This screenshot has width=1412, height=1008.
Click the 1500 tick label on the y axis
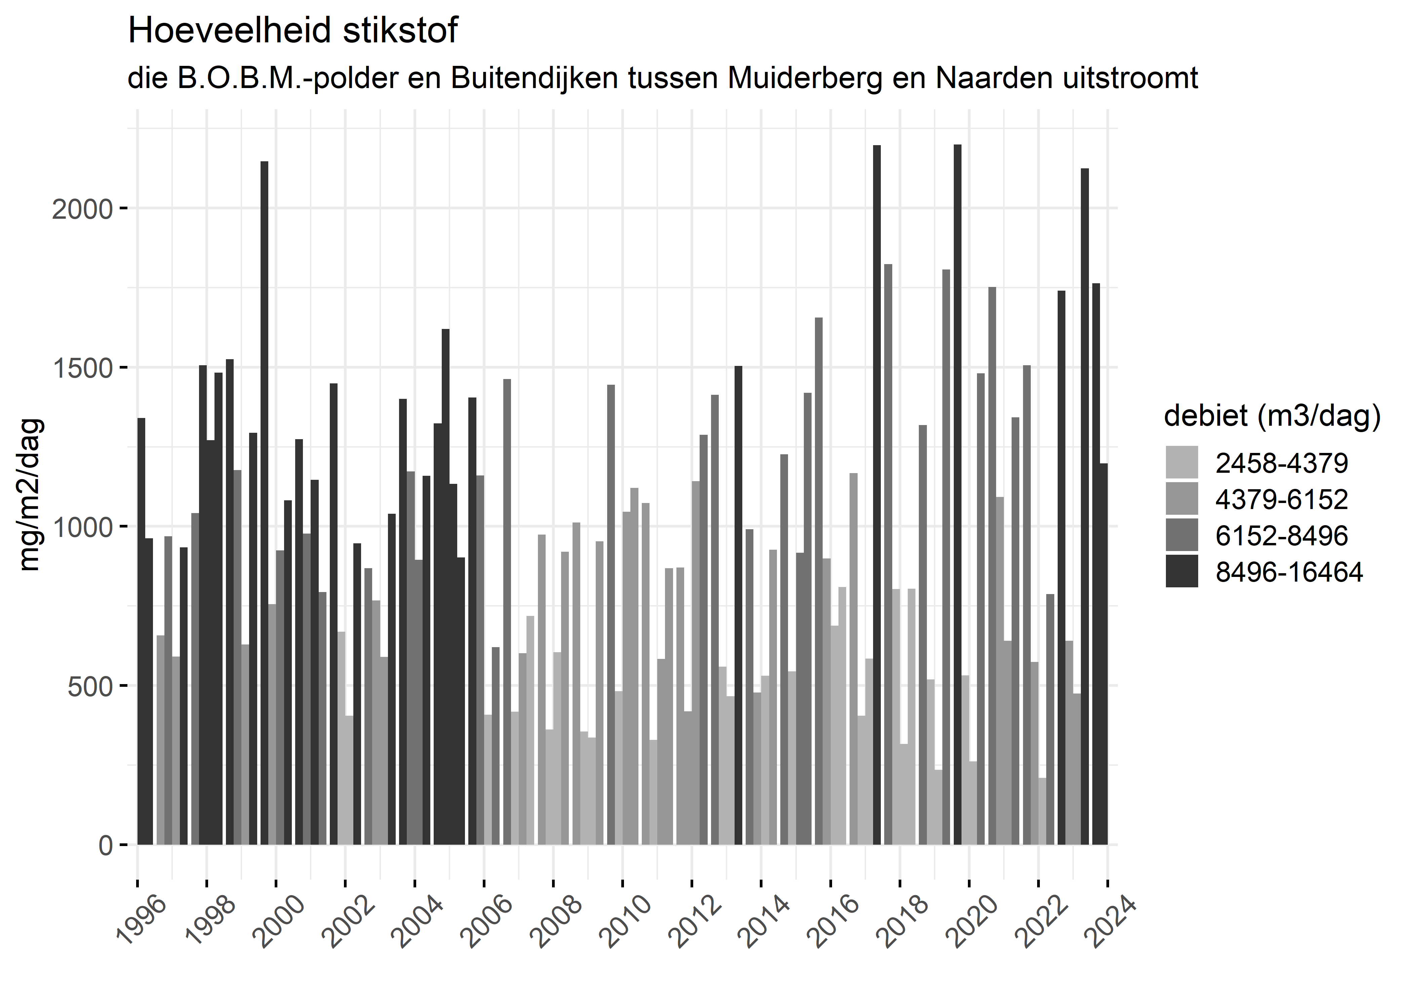point(83,368)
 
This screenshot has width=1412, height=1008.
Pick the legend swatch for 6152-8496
point(1182,535)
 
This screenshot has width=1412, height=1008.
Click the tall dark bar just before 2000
point(265,503)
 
